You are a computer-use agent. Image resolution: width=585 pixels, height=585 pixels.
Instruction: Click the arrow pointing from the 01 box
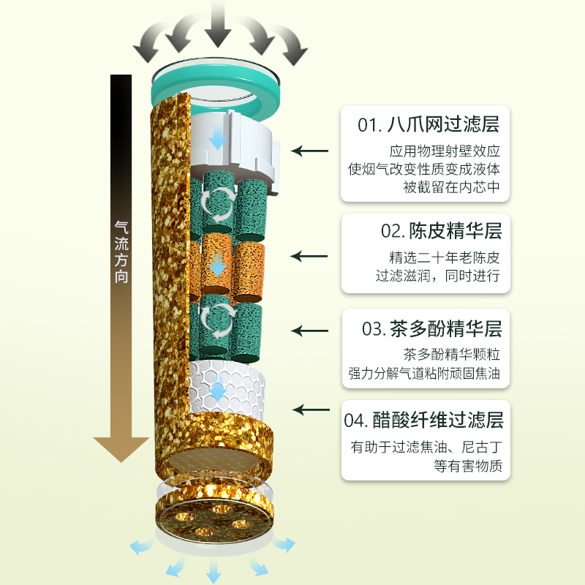pyautogui.click(x=310, y=151)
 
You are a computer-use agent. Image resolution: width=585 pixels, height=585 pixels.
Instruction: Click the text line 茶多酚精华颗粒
pyautogui.click(x=452, y=355)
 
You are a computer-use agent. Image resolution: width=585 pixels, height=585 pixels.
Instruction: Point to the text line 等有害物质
pyautogui.click(x=468, y=465)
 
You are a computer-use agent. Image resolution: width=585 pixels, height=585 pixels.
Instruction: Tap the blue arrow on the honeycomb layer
pyautogui.click(x=218, y=391)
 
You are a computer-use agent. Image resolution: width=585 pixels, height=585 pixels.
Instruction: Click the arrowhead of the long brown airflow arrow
pyautogui.click(x=121, y=446)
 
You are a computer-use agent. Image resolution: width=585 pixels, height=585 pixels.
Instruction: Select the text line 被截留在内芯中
pyautogui.click(x=452, y=186)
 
